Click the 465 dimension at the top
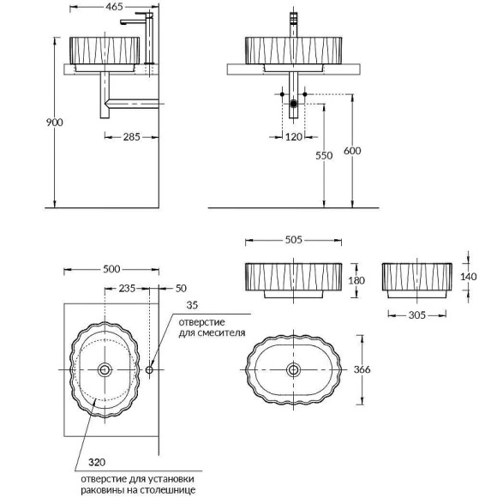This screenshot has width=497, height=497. point(111,6)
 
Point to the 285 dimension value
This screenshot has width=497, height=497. point(130,135)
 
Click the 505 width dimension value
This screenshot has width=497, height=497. point(293,241)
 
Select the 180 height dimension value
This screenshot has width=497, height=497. point(357,279)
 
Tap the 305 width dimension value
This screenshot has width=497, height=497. point(416,315)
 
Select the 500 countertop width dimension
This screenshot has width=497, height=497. point(111,269)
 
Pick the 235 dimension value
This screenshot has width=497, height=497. point(126,288)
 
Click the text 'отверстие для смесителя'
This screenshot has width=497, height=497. point(213,326)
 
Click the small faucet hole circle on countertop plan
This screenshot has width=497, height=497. point(150,370)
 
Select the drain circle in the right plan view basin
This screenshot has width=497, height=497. point(294,369)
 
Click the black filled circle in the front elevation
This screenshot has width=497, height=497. point(294,104)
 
